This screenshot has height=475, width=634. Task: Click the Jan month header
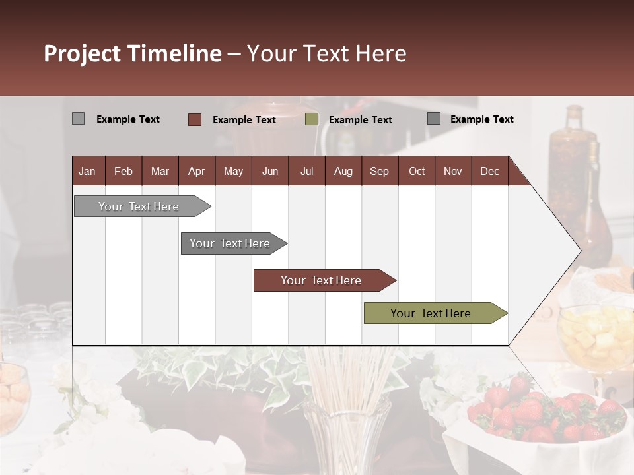click(x=87, y=171)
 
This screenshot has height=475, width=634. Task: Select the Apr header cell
click(x=196, y=171)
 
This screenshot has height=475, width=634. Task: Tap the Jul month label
click(x=306, y=171)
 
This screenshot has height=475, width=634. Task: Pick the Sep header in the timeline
click(x=379, y=171)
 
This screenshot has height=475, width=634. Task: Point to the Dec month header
click(x=489, y=171)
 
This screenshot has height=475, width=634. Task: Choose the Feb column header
click(x=123, y=171)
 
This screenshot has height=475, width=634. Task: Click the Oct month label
click(x=417, y=171)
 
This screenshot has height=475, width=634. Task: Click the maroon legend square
click(x=194, y=119)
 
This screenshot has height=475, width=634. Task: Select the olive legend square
click(x=312, y=119)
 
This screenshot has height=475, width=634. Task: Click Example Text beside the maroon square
click(x=244, y=120)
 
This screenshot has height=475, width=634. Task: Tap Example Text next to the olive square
click(x=360, y=120)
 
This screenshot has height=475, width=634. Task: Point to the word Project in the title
click(x=83, y=53)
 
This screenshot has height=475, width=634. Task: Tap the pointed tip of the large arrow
click(x=579, y=250)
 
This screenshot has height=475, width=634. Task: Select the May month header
click(x=233, y=171)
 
